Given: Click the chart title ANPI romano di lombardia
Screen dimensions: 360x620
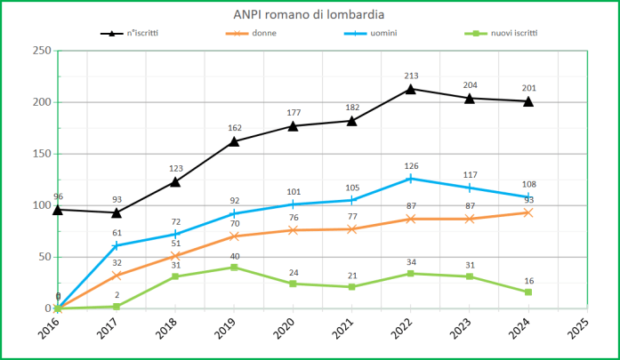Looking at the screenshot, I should click(310, 14).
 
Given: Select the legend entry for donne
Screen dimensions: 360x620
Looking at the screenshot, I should click(263, 33).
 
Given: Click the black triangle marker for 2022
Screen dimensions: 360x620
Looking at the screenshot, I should click(411, 89).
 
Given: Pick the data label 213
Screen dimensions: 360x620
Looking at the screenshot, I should click(411, 76).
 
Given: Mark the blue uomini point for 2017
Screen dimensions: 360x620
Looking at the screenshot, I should click(117, 245).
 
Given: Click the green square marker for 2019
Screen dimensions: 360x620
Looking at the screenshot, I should click(234, 268).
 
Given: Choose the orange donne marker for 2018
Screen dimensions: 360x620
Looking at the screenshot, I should click(175, 256).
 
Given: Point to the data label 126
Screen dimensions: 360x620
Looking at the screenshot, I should click(411, 165).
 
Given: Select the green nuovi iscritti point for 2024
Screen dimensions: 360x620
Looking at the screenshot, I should click(528, 292).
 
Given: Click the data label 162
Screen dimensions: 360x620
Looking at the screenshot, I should click(234, 128).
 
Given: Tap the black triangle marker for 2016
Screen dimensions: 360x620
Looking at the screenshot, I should click(58, 210).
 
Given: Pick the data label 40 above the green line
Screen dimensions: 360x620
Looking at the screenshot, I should click(234, 255).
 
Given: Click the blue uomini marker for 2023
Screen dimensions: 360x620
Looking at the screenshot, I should click(470, 188).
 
